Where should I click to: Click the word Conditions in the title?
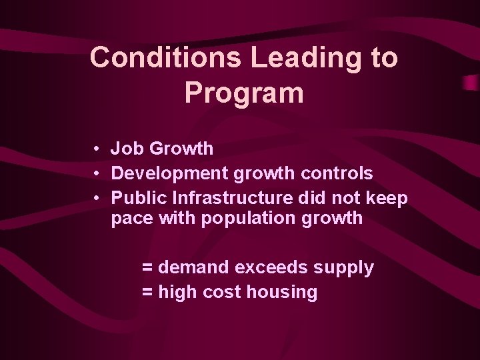pos(166,57)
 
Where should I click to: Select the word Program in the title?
pos(244,93)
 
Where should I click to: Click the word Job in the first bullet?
pos(125,149)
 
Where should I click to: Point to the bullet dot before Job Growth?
pos(97,149)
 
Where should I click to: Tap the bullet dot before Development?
pos(97,173)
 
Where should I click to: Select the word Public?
pos(139,198)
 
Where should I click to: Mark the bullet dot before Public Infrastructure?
pos(97,198)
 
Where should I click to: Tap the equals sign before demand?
pos(147,268)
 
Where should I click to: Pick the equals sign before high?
pos(147,292)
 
